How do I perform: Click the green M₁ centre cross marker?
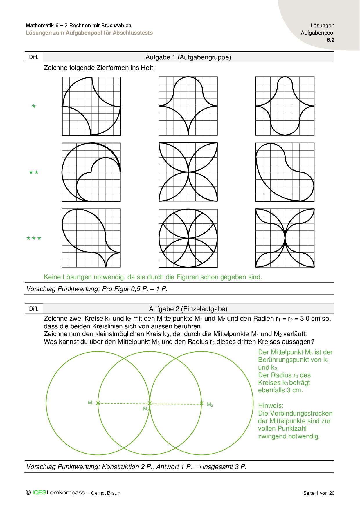98,403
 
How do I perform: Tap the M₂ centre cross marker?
201,403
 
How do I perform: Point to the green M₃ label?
146,409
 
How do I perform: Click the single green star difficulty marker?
34,106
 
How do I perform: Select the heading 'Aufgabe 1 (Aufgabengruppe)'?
188,57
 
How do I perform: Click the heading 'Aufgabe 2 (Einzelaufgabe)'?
188,309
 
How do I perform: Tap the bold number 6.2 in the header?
330,40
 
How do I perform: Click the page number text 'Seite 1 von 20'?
319,493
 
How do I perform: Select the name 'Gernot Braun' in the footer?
106,493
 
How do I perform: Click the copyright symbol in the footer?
28,492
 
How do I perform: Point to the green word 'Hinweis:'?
271,405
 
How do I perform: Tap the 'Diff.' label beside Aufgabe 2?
34,308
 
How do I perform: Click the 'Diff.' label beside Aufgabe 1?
34,57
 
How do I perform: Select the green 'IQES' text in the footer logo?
39,493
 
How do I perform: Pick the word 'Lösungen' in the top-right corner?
322,26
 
